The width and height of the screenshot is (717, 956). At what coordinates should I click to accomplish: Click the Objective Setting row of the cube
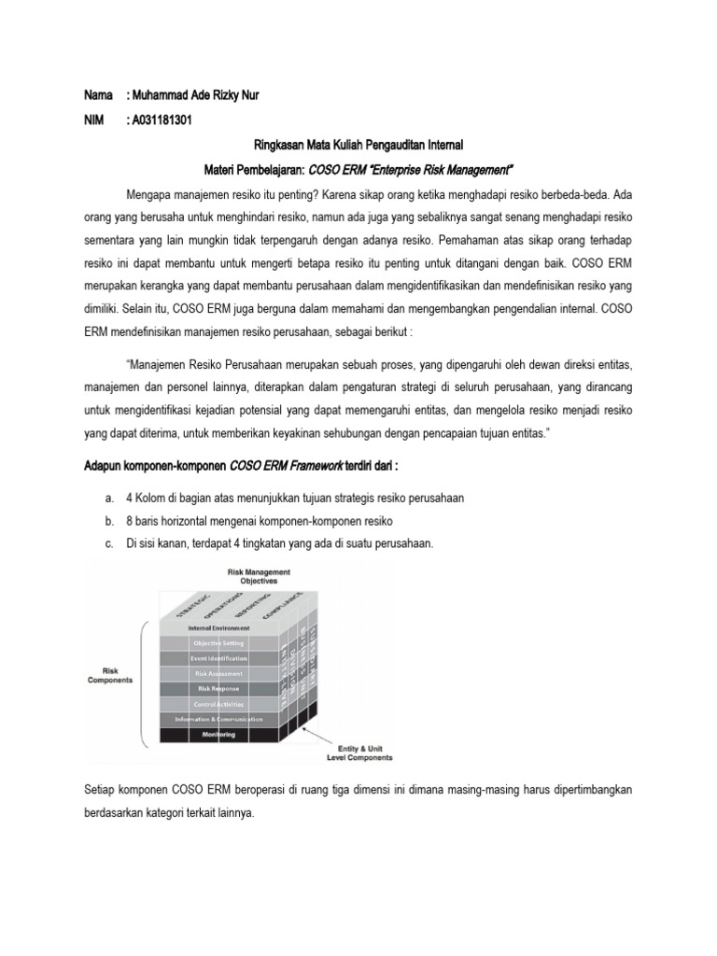219,643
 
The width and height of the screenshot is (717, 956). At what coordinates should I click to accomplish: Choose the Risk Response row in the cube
219,689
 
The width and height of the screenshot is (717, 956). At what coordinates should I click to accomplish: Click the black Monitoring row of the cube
219,735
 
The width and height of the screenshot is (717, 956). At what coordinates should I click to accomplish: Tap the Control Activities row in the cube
219,704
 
